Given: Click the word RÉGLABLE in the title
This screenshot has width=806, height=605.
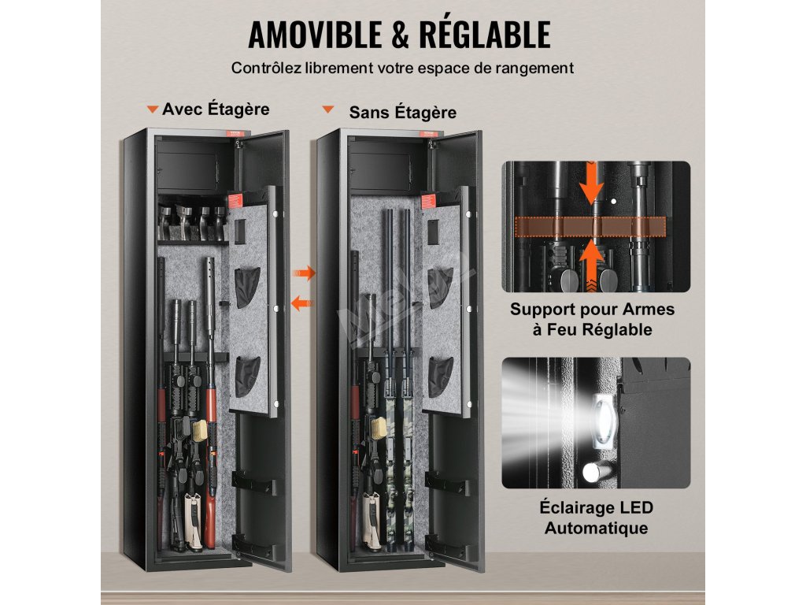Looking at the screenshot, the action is click(486, 35).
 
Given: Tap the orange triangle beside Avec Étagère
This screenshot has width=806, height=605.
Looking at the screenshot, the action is click(153, 109).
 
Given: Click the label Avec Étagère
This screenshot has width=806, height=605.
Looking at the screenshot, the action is click(216, 109).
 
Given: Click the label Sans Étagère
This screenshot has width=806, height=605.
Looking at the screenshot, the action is click(402, 113).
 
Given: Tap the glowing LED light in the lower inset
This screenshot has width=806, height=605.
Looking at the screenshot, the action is click(602, 417).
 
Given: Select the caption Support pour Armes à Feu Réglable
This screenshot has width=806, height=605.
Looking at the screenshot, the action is click(592, 319).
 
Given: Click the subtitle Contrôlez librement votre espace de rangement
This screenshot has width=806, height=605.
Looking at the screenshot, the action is click(402, 68).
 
